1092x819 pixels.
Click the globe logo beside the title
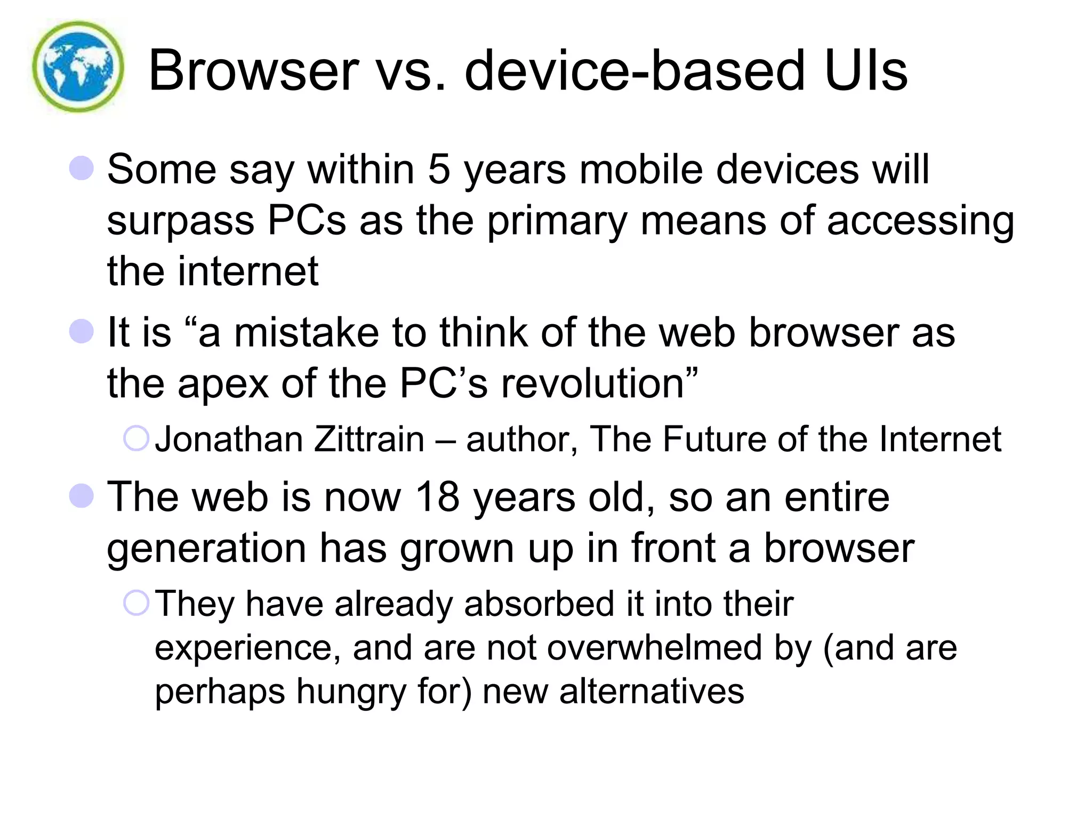pyautogui.click(x=78, y=67)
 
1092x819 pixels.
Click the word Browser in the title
pyautogui.click(x=254, y=71)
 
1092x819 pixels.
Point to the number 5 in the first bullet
pyautogui.click(x=439, y=170)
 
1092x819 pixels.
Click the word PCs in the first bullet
pyautogui.click(x=307, y=220)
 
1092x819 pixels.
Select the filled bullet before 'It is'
pyautogui.click(x=82, y=331)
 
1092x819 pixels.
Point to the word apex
pyautogui.click(x=223, y=383)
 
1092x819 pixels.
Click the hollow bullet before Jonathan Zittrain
pyautogui.click(x=136, y=438)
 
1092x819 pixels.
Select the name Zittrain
pyautogui.click(x=370, y=439)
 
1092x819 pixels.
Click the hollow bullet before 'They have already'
pyautogui.click(x=136, y=603)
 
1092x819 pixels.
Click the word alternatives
pyautogui.click(x=652, y=692)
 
